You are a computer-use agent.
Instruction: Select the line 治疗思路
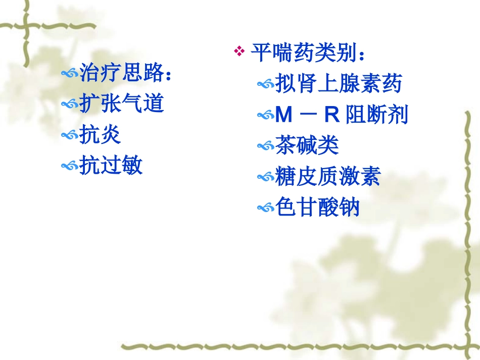pos(127,74)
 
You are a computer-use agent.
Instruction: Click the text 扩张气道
pos(122,104)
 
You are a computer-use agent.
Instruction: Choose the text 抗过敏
pos(111,165)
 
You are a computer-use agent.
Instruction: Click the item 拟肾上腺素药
pos(339,84)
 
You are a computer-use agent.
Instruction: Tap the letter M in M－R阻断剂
pos(284,116)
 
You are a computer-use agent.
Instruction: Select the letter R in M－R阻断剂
pos(331,116)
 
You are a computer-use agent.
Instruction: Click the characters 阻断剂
pos(377,116)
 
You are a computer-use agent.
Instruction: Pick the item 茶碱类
pos(307,146)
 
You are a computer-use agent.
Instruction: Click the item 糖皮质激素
pos(328,177)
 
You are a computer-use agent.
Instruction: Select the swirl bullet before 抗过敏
pos(69,166)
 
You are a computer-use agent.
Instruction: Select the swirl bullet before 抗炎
pos(69,135)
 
